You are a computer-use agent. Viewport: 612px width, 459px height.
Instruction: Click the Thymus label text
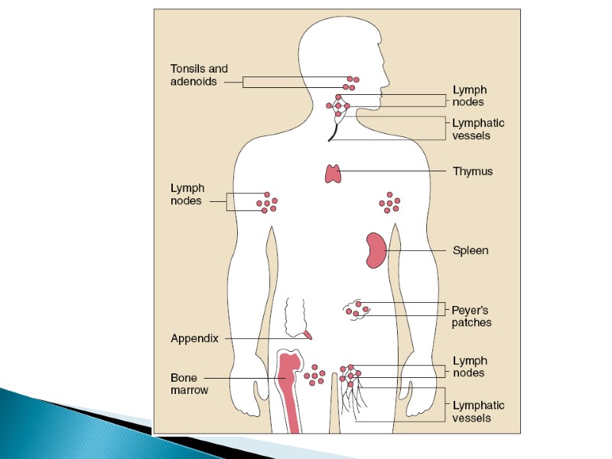472,171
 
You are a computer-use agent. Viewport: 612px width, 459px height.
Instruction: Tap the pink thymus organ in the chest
334,174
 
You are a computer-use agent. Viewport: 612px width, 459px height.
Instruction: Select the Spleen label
470,250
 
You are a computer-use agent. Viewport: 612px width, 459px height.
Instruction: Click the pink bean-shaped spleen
375,250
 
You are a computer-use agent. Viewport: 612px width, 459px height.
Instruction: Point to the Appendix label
195,337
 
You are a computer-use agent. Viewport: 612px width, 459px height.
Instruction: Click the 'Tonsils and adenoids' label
199,75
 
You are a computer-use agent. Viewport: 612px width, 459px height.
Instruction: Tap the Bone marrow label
189,383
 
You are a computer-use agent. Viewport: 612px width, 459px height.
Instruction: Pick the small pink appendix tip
308,334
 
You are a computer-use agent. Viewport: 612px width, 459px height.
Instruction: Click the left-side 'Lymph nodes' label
186,194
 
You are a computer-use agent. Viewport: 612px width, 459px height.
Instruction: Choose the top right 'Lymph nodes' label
468,96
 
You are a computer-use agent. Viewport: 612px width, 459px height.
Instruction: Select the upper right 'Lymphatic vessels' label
478,129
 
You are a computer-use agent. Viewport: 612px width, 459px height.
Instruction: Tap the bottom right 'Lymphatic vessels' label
478,412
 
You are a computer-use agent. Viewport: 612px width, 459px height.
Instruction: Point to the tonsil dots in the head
350,83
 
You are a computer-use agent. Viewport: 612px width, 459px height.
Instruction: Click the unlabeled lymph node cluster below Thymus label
389,203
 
